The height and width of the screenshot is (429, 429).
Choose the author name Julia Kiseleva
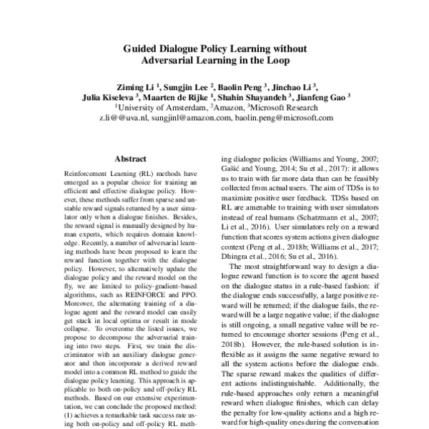pos(107,96)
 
